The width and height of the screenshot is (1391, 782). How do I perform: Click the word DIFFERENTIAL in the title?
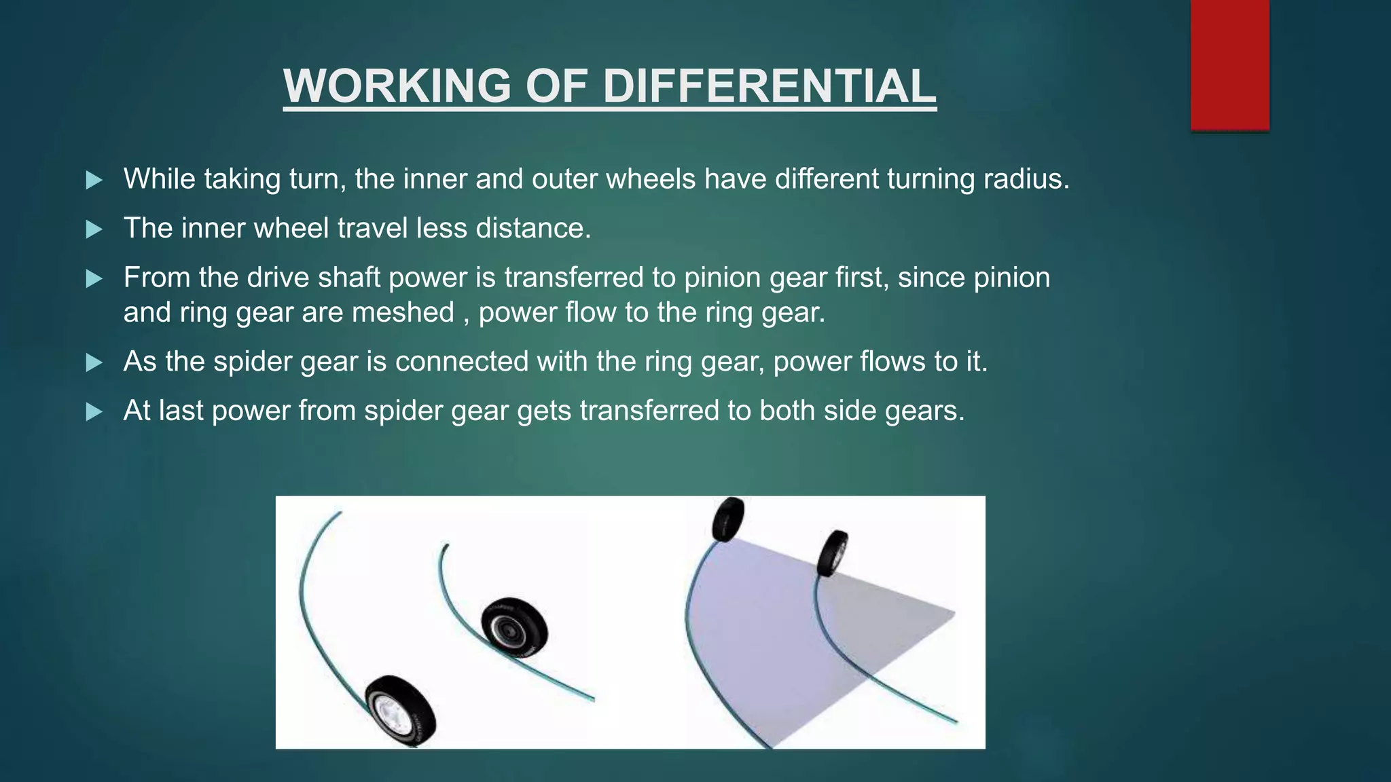[769, 86]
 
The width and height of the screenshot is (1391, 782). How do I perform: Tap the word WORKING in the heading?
[397, 86]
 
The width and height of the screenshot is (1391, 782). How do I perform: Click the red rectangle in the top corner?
[1229, 64]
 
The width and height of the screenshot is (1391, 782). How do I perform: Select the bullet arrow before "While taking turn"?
[94, 181]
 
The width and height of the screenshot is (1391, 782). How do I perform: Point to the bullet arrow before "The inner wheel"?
[94, 229]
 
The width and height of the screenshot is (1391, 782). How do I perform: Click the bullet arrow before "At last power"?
[94, 412]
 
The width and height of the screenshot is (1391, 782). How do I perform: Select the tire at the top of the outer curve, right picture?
[728, 519]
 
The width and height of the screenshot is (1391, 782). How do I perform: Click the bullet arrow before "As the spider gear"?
[94, 362]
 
